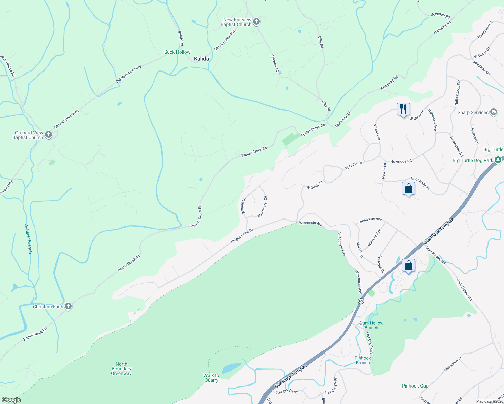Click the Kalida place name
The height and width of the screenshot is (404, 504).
point(201,59)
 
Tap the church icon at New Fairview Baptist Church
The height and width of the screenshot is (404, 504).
point(256,22)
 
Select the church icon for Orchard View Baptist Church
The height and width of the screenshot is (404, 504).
point(49,135)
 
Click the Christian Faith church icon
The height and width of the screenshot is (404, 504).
point(68,306)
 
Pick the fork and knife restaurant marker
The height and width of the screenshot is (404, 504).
point(403,109)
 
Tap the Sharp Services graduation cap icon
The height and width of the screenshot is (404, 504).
point(494,112)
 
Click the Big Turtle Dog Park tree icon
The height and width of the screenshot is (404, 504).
point(498,160)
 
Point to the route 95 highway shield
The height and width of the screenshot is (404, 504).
point(361,301)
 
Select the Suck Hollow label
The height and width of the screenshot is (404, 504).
point(177,52)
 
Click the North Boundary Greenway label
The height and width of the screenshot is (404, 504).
point(121,369)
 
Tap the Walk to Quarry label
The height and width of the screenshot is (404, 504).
point(211,378)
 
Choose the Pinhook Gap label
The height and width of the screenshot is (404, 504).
point(415,386)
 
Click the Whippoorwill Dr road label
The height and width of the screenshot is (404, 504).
point(242,236)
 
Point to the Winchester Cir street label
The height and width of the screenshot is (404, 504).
point(262,207)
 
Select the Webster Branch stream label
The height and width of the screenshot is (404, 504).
point(28,238)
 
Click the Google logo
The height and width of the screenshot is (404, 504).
point(11,400)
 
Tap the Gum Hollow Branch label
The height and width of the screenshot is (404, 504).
point(371,325)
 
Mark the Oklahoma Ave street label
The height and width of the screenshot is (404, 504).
point(370,220)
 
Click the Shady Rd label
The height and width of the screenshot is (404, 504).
point(181,38)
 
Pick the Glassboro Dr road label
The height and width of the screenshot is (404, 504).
point(452,364)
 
